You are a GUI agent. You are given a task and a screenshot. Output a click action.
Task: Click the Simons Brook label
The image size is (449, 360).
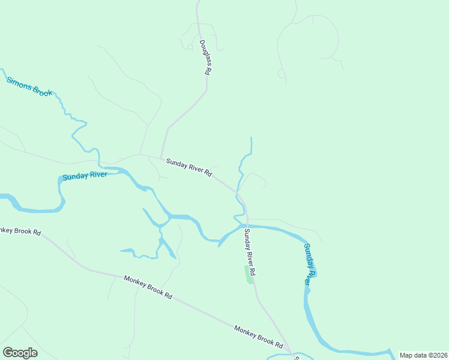29,86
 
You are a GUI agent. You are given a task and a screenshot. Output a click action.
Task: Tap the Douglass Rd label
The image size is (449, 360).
205,58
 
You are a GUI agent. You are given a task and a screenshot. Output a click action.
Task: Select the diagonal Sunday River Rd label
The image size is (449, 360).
189,167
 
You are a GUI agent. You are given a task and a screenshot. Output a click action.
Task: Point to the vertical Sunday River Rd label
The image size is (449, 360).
250,253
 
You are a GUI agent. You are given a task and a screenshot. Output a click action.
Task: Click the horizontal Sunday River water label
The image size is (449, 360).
85,176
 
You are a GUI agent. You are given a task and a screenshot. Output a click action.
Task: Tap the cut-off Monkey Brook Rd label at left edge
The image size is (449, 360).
20,231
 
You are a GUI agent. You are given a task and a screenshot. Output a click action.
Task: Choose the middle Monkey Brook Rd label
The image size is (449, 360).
148,287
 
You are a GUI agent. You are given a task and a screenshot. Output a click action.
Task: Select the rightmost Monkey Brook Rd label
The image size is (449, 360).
258,337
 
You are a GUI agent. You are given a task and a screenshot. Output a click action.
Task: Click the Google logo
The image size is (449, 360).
20,353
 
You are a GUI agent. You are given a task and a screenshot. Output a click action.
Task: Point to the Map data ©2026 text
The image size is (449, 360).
424,355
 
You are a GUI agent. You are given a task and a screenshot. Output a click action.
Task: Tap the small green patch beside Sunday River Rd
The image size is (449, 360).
249,278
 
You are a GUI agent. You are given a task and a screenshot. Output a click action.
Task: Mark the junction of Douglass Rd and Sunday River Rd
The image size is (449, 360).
161,158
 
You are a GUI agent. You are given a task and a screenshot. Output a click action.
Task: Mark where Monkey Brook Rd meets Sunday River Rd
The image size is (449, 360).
291,352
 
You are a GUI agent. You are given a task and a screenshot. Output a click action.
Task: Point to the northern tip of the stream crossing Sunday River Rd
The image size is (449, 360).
251,138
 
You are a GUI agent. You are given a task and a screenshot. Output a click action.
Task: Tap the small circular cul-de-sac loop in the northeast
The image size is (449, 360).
281,73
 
